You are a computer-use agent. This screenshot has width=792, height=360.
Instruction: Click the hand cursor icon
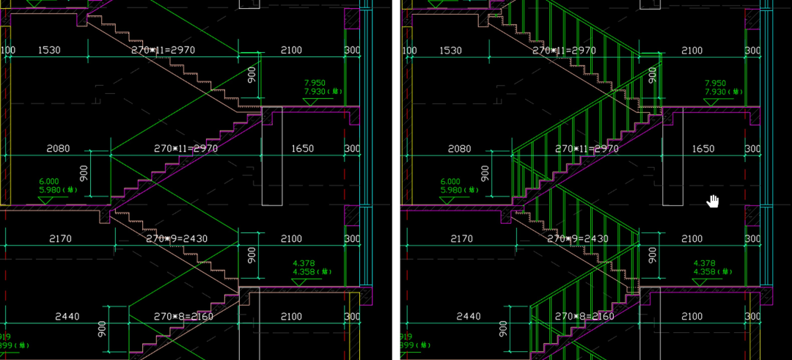point(713,201)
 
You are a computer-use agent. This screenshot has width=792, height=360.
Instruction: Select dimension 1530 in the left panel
point(45,51)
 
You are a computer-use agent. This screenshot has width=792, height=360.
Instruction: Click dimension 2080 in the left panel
point(58,149)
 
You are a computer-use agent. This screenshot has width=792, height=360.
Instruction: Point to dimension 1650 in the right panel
point(703,149)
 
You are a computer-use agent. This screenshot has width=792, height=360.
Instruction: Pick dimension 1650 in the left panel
point(302,149)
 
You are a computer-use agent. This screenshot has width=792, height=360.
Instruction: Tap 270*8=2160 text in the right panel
point(584,317)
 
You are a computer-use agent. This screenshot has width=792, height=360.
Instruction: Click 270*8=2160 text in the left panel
point(186,317)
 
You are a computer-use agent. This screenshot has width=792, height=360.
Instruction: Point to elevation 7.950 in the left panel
point(314,83)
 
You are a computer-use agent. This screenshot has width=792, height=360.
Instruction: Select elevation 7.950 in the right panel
point(715,83)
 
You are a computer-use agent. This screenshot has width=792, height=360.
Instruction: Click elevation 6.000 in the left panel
point(49,181)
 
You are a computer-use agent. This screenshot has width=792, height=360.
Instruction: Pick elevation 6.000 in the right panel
point(450,181)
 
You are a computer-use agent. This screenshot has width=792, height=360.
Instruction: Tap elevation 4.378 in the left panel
point(304,262)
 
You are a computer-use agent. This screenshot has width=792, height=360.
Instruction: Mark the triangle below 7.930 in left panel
point(310,102)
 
